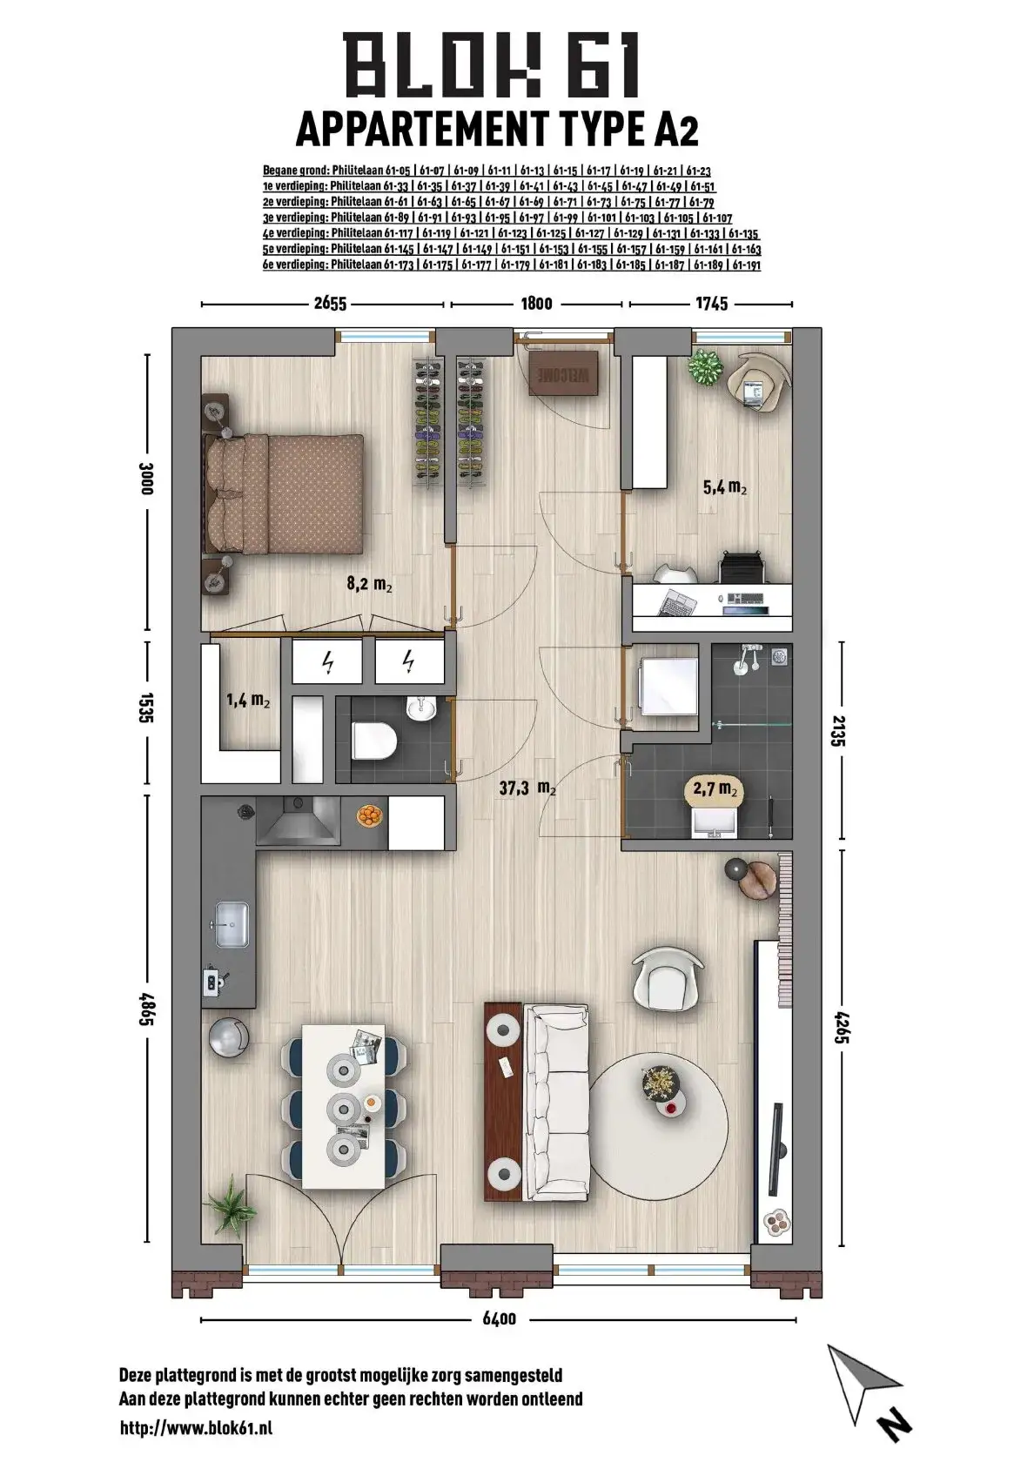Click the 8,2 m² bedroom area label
tap(369, 583)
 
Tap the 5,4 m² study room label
tap(724, 487)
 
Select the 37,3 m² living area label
tap(527, 788)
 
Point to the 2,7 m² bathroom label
tap(715, 788)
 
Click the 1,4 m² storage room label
tap(247, 701)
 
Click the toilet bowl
tap(374, 740)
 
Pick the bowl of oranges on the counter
tap(369, 815)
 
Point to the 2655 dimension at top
tap(330, 304)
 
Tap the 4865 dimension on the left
tap(146, 1009)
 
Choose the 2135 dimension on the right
tap(840, 731)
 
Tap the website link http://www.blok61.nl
tap(197, 1432)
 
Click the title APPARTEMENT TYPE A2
tap(497, 129)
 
